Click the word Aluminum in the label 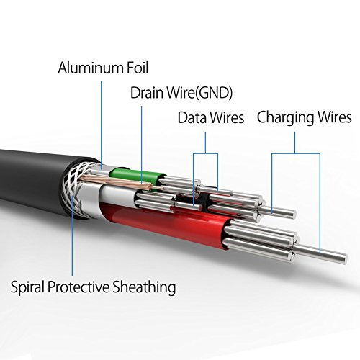90,68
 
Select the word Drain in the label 147,93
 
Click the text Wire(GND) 200,93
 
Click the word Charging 286,118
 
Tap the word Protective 78,287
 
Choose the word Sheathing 144,287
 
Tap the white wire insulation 117,193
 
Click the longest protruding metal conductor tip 322,254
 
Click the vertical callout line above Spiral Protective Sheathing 72,235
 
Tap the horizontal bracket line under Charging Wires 296,153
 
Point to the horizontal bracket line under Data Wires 205,153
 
